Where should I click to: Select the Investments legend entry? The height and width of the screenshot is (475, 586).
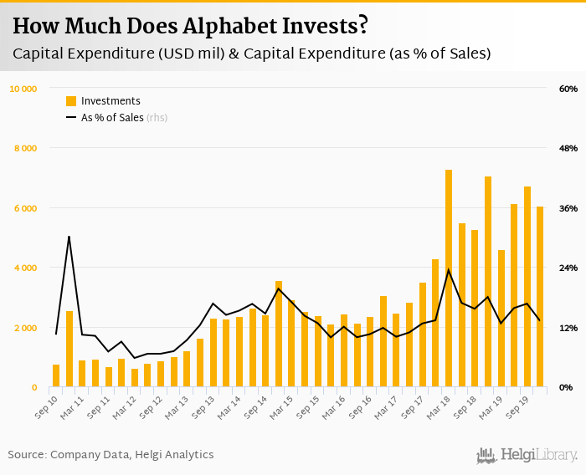[x=111, y=101]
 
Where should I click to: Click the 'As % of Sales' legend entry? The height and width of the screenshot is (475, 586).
[x=112, y=118]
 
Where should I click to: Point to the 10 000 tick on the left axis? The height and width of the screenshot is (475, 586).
[x=23, y=89]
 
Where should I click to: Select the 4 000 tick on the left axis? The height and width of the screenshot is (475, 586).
[x=24, y=268]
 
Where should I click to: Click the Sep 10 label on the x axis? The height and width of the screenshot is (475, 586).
[x=46, y=406]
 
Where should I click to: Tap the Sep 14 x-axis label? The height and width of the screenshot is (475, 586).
[x=255, y=406]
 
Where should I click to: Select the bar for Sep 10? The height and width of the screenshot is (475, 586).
[x=56, y=376]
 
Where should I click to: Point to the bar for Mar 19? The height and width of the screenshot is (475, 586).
[x=501, y=319]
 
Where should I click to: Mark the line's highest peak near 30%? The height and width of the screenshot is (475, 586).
[x=69, y=237]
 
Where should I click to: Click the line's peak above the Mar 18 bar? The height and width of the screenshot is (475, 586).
[x=449, y=269]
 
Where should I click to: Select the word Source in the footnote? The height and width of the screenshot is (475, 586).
[x=26, y=455]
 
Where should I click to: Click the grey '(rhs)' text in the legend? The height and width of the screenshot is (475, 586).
[x=157, y=118]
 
